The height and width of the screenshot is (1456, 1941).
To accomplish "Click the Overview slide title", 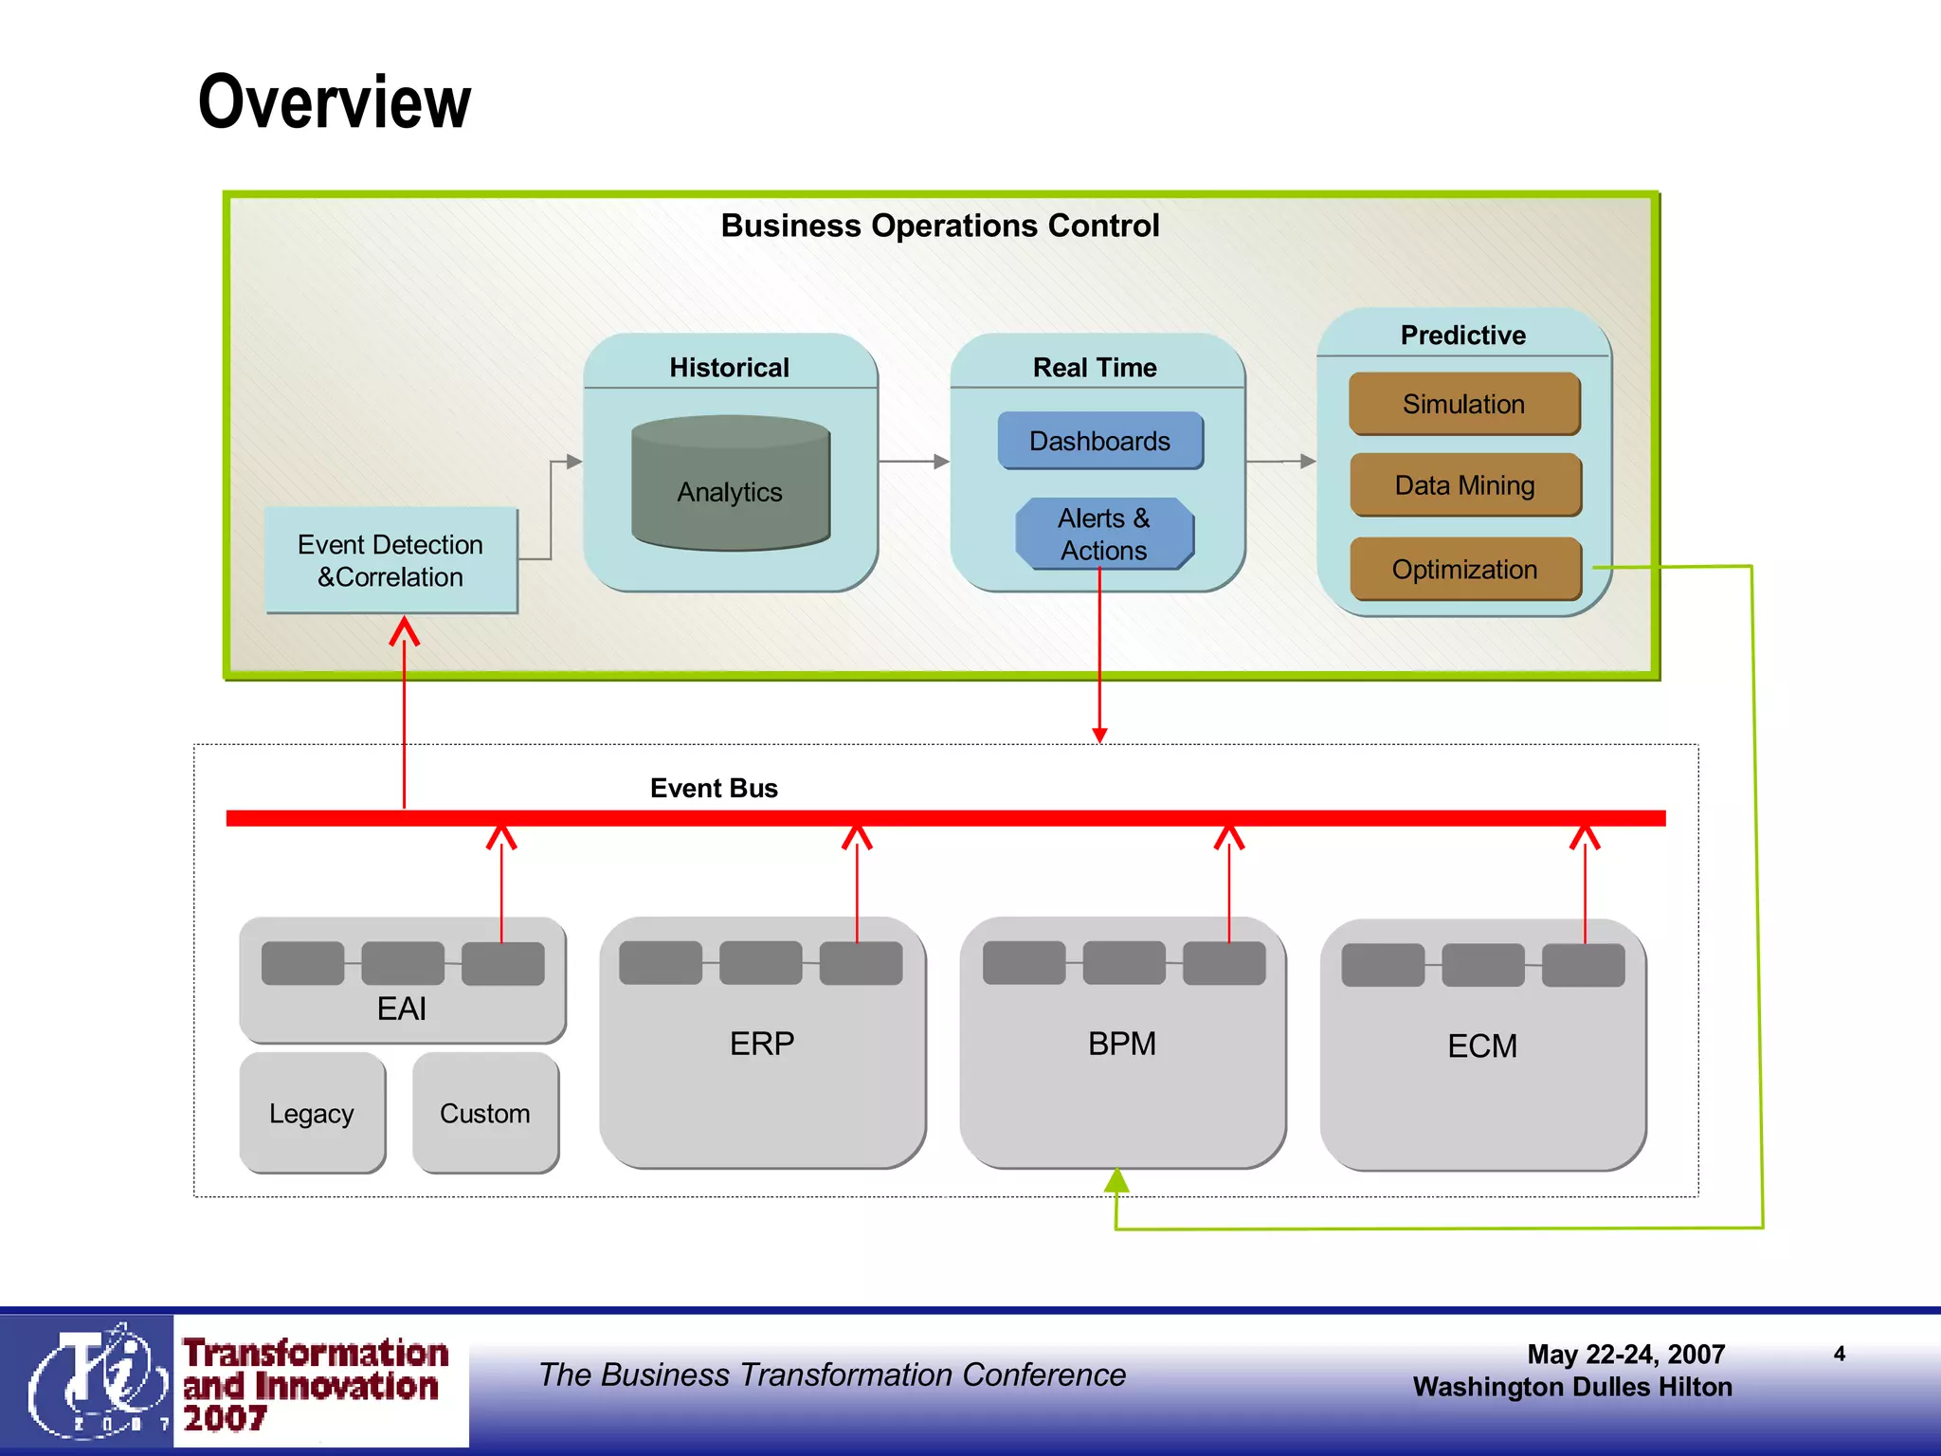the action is point(334,102).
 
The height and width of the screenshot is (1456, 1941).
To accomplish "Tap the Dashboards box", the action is point(1099,441).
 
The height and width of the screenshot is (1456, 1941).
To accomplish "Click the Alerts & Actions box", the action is point(1104,534).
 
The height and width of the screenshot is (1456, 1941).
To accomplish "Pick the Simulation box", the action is point(1463,404).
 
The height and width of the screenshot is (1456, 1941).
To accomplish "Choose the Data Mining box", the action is point(1464,485).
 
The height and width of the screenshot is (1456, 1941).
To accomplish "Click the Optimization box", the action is point(1464,569).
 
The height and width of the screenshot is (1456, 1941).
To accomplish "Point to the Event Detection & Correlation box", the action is point(390,560).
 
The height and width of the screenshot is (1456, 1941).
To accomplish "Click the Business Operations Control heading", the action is point(939,226).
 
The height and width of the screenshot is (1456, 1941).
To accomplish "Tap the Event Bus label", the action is point(714,788).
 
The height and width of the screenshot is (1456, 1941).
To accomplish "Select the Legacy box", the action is point(312,1113).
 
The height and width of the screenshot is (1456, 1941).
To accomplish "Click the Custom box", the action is point(485,1113).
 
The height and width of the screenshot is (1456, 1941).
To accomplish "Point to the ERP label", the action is point(762,1044).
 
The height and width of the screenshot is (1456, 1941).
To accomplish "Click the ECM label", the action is point(1482,1046).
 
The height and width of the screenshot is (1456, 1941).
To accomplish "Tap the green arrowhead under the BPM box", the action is point(1116,1181).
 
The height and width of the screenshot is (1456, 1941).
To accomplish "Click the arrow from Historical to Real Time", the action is point(914,462).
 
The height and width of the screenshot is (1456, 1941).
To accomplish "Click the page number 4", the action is point(1839,1354).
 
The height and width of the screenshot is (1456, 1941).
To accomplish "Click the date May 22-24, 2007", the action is point(1625,1354).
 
